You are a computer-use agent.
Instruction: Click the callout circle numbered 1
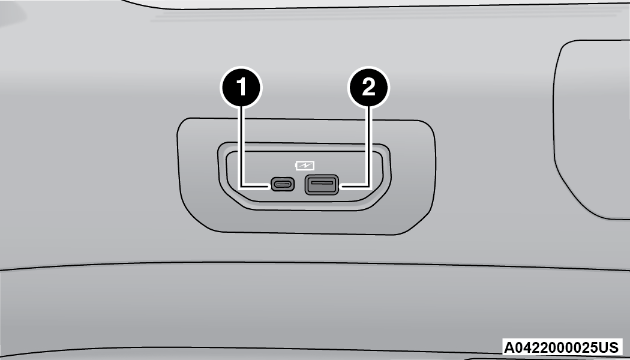pos(241,87)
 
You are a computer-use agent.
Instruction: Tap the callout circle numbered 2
pos(368,87)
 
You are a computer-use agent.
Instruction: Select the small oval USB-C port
pos(283,184)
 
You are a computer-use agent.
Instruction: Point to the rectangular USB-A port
pos(322,184)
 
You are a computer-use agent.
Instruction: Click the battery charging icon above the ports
pos(305,165)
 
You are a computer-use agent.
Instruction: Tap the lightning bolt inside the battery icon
pos(305,165)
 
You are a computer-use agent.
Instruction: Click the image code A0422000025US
pos(561,347)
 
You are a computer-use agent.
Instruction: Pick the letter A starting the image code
pos(509,347)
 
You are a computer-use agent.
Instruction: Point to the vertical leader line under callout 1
pos(241,146)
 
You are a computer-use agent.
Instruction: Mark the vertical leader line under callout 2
pos(368,146)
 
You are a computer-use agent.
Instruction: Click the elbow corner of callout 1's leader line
pos(241,187)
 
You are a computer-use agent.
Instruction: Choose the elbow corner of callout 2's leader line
pos(368,187)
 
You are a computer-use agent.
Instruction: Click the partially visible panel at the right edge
pos(590,128)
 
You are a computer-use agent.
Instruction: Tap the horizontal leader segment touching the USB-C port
pos(256,187)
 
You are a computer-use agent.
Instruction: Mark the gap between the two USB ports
pos(300,185)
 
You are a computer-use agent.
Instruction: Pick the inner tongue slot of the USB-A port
pos(322,183)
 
